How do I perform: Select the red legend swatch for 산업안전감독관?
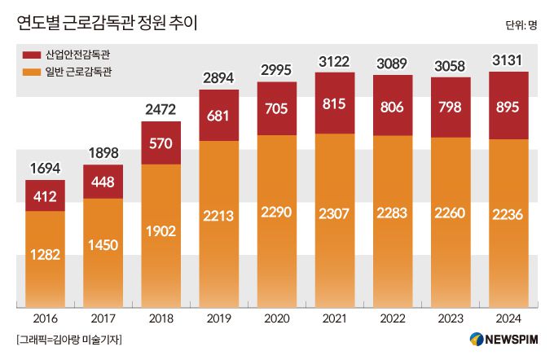pos(32,55)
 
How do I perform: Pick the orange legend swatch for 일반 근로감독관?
pos(32,73)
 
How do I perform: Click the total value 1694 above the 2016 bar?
pos(45,169)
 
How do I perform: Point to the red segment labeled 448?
pos(103,182)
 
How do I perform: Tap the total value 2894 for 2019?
pos(219,79)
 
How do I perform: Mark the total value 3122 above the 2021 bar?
pos(335,62)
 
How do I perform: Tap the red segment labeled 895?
pos(508,105)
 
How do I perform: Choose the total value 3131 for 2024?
pos(508,61)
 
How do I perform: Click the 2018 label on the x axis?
pos(161,318)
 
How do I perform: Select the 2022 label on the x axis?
pos(393,318)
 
